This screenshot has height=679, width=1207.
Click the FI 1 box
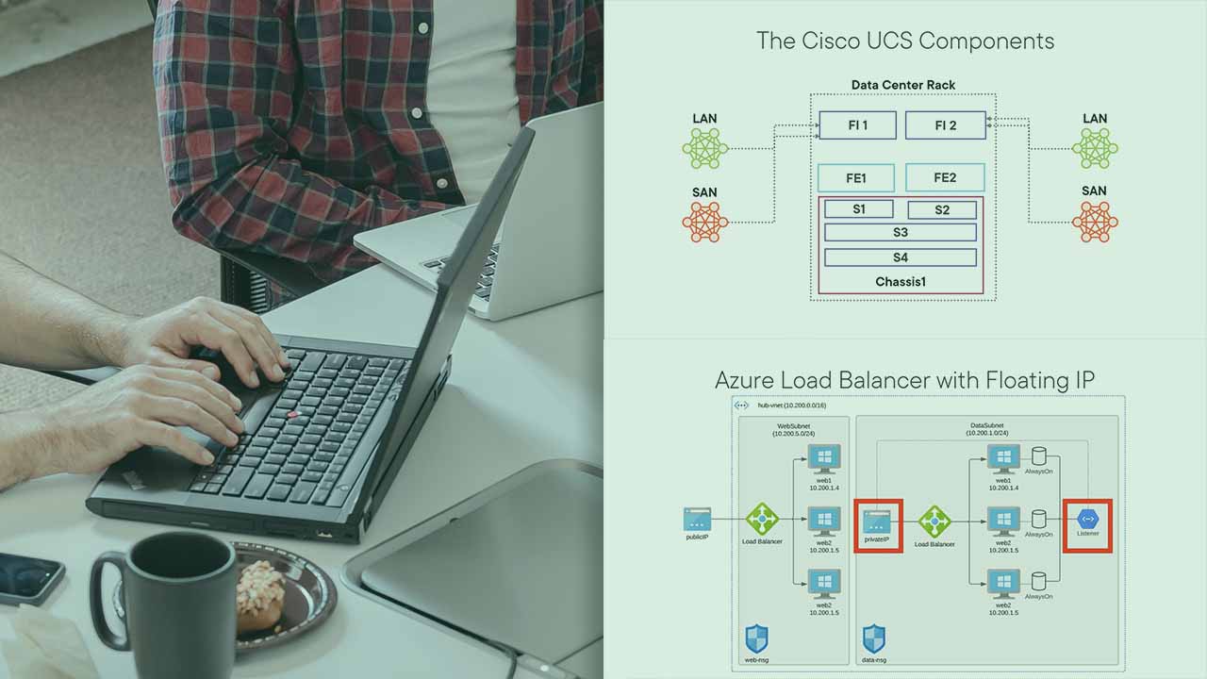(857, 124)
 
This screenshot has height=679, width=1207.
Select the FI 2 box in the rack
(945, 124)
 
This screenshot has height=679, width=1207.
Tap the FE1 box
(855, 177)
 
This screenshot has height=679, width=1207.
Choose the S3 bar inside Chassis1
(900, 232)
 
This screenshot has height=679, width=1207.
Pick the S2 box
(941, 209)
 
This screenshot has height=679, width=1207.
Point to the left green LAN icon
(705, 148)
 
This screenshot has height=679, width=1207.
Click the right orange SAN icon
(1094, 222)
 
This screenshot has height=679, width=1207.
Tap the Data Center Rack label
(902, 85)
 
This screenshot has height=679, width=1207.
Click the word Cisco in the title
(827, 41)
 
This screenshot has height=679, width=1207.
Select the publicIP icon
(697, 519)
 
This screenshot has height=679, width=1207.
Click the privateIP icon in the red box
(878, 521)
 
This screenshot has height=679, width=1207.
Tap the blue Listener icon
(1087, 519)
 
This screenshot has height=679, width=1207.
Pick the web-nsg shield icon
(756, 638)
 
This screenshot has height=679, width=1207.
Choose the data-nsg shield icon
(874, 638)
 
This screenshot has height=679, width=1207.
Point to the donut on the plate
(259, 594)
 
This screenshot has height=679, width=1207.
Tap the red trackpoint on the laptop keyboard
(292, 415)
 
